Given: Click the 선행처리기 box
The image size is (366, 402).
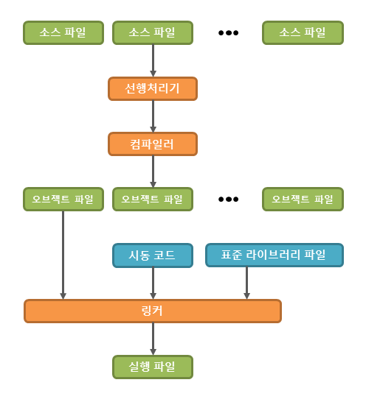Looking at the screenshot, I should (153, 89).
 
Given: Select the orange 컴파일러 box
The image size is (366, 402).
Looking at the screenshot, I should (153, 144).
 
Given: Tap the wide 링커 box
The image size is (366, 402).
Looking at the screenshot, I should (153, 311).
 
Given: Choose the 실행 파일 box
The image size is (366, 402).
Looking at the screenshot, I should (153, 367).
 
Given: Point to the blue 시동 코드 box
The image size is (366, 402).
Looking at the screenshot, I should (153, 255).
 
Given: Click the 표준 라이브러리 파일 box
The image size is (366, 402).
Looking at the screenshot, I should (274, 255).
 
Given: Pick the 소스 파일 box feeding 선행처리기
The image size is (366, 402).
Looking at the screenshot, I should (153, 32).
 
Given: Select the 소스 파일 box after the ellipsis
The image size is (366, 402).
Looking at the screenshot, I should (303, 32).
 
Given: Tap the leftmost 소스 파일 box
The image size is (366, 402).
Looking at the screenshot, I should (63, 32).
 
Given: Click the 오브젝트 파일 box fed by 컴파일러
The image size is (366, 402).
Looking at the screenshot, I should (153, 199).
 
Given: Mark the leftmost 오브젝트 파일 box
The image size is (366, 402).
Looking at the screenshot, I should (63, 199).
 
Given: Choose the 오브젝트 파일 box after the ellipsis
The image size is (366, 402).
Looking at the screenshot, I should (303, 199).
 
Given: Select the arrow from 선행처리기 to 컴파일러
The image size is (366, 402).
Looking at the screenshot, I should (153, 116).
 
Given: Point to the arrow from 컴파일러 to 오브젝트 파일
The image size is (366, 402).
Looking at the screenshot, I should (153, 172).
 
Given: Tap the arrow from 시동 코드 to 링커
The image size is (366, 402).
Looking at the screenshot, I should (153, 283).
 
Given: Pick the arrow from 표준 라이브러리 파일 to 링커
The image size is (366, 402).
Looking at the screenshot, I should (246, 283).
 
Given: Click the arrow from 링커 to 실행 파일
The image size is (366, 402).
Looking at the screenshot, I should (153, 339).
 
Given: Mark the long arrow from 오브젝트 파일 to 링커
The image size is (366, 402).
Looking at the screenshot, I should (63, 254).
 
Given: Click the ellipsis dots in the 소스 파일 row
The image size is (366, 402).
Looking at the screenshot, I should (228, 33).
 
